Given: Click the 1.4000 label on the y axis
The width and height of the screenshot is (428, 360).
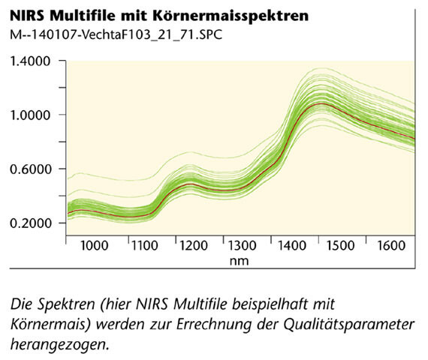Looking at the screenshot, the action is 30,61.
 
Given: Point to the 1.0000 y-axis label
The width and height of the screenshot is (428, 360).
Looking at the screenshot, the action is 30,115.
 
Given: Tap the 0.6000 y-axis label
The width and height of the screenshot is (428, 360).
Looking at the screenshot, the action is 30,169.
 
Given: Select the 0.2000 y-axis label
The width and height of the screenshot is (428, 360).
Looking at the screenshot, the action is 30,223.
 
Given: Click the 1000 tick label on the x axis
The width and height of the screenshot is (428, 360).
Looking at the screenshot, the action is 95,246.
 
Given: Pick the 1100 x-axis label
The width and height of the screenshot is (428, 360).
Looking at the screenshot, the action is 145,246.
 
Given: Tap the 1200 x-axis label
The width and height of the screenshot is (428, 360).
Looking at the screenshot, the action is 194,246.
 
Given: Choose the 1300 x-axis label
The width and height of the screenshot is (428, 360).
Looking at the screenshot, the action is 242,246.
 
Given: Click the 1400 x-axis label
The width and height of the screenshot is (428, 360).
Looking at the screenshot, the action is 291,246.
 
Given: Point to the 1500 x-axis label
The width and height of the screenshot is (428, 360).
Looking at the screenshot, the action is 340,246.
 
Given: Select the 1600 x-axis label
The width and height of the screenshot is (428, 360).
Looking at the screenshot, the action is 391,246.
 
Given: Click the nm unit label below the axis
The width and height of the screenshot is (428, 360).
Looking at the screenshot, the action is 239,261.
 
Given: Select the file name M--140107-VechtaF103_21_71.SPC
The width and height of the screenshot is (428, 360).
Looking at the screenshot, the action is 116,34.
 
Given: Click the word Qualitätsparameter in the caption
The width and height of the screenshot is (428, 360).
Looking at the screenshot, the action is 349,325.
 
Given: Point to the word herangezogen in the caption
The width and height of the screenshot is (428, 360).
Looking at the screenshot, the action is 58,346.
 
